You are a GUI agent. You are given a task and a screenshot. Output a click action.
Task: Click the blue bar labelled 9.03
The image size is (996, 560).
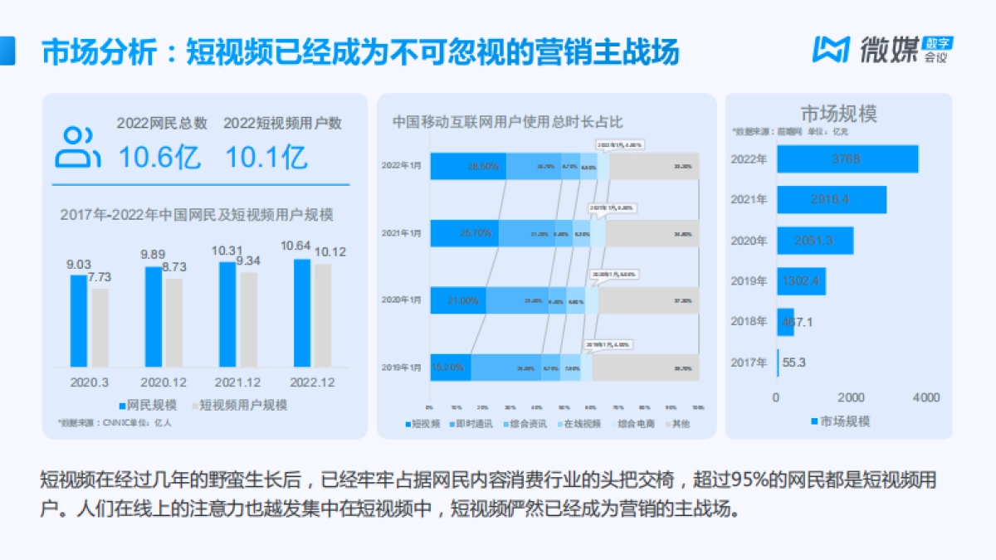click(x=78, y=320)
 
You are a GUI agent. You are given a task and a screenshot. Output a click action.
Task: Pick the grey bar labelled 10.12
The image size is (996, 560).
click(x=323, y=315)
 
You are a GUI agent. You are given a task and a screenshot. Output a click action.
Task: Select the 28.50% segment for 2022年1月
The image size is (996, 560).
click(x=468, y=166)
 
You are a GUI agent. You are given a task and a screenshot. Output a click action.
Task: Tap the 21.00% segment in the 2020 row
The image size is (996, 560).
click(x=457, y=299)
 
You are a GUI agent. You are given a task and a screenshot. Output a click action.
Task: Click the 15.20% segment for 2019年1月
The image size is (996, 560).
click(x=450, y=367)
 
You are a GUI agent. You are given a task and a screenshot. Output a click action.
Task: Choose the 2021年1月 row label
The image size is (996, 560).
click(x=401, y=233)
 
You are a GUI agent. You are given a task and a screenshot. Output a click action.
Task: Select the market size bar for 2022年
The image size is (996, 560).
click(x=847, y=159)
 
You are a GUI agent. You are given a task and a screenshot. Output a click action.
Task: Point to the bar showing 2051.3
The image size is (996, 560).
click(x=814, y=241)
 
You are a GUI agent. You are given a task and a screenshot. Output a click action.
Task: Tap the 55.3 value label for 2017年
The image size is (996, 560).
click(x=794, y=363)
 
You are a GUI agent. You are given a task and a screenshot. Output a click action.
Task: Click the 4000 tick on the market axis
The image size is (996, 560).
click(x=925, y=397)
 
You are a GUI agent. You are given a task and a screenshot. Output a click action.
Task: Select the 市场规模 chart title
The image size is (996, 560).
click(x=838, y=114)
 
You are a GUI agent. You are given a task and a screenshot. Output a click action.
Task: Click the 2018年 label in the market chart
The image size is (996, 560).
click(x=749, y=322)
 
